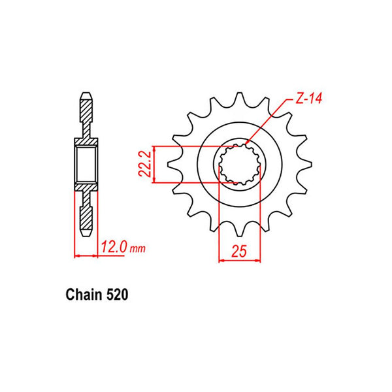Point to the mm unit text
coord(138,250)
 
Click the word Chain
coord(83,295)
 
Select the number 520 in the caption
coord(118,295)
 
